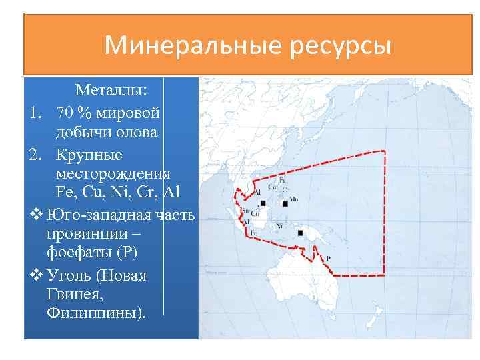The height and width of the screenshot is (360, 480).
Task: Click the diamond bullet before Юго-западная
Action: coord(35,215)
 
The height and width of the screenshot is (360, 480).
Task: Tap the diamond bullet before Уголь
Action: coord(35,275)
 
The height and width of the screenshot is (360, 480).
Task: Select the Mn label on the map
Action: coord(294,199)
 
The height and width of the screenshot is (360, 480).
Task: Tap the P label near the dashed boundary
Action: coord(329,258)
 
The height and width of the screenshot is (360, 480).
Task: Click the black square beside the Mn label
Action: coord(285,203)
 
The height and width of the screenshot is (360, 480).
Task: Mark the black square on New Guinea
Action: coord(301,233)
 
